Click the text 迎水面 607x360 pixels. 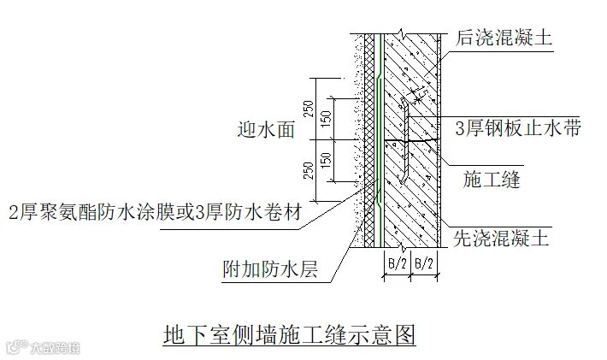click(266, 130)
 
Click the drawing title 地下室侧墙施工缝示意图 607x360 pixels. click(290, 334)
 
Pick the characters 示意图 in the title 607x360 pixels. click(386, 334)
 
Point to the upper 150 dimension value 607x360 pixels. click(325, 119)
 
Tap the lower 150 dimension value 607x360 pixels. click(325, 160)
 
